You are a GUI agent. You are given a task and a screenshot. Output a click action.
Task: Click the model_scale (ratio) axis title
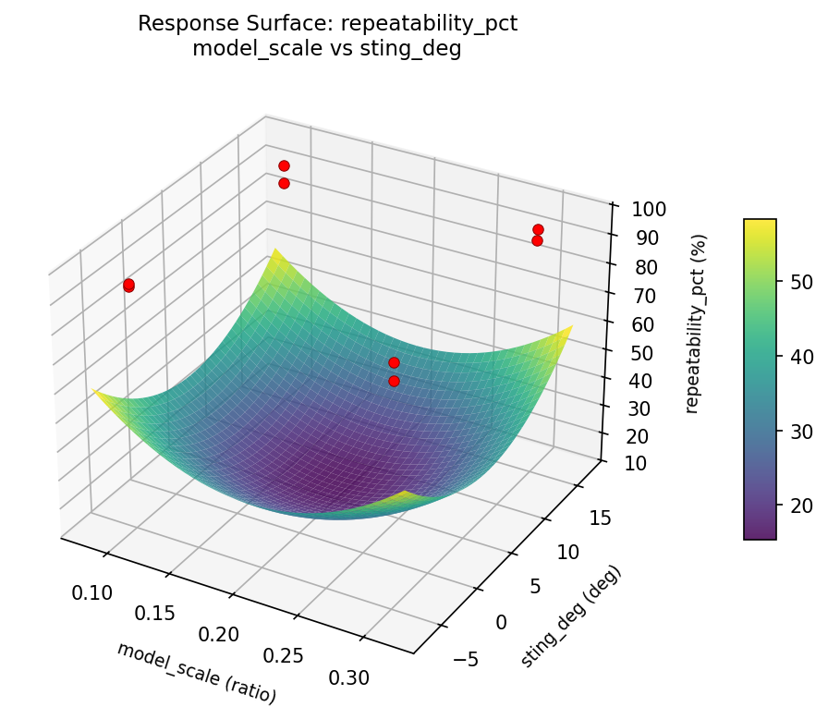tap(196, 671)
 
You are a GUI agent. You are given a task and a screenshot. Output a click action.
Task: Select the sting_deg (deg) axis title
tap(571, 616)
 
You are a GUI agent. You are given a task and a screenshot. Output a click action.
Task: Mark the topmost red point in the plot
tap(284, 165)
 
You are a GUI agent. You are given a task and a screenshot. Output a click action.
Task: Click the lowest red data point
tap(394, 381)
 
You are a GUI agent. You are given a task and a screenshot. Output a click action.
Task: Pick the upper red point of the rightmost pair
tap(538, 229)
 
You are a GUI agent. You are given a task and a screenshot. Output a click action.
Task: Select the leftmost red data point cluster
tap(128, 285)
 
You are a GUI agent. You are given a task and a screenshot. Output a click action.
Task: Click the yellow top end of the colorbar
tap(760, 224)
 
